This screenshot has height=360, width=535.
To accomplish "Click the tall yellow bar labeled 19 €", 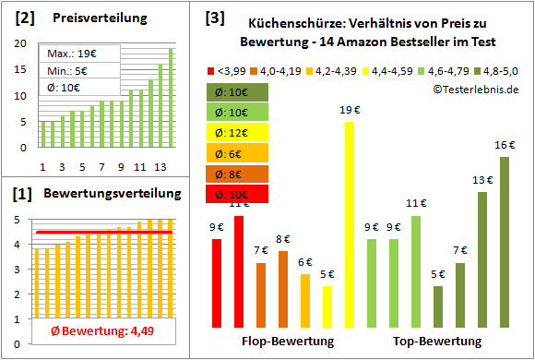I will pyautogui.click(x=350, y=224).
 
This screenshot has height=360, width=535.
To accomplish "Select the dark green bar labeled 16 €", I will pyautogui.click(x=505, y=242).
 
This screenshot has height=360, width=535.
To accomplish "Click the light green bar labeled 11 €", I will pyautogui.click(x=416, y=271).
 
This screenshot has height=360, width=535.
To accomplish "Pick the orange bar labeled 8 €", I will pyautogui.click(x=283, y=289).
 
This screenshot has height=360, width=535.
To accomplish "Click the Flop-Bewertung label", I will pyautogui.click(x=287, y=342).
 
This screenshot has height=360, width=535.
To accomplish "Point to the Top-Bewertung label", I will pyautogui.click(x=437, y=342).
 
